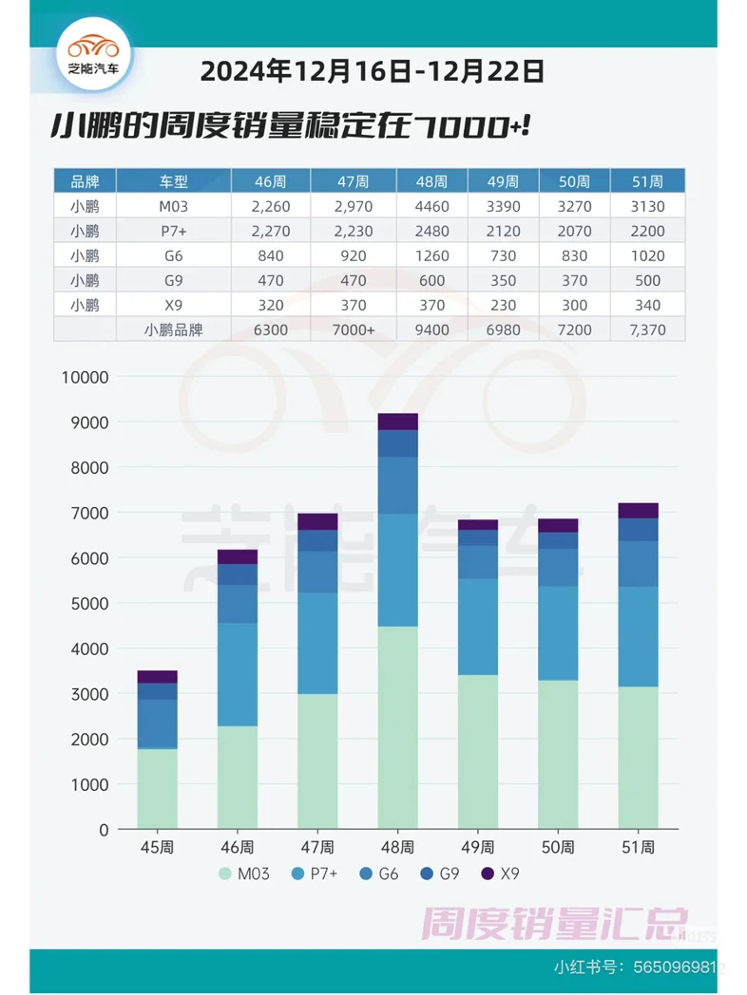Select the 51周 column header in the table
pyautogui.click(x=646, y=181)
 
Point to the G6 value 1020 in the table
pyautogui.click(x=646, y=255)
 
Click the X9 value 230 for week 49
pyautogui.click(x=503, y=305)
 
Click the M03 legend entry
pyautogui.click(x=244, y=873)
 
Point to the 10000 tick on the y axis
pyautogui.click(x=85, y=377)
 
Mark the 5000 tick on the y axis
pyautogui.click(x=88, y=603)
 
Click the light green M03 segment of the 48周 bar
pyautogui.click(x=397, y=727)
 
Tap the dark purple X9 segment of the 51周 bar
pyautogui.click(x=638, y=511)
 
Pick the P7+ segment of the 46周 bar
pyautogui.click(x=237, y=674)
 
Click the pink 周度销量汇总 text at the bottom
pyautogui.click(x=555, y=921)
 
